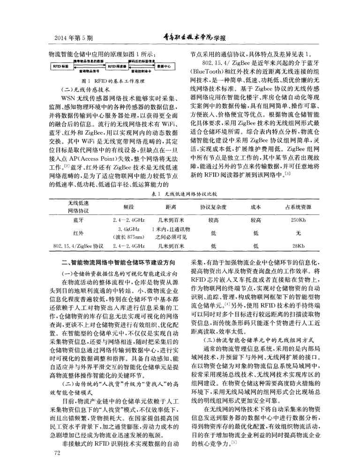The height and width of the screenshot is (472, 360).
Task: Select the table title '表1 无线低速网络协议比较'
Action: click(180, 193)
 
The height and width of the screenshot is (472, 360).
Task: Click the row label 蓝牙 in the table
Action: click(78, 220)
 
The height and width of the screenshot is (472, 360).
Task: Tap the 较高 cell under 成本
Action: click(256, 220)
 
